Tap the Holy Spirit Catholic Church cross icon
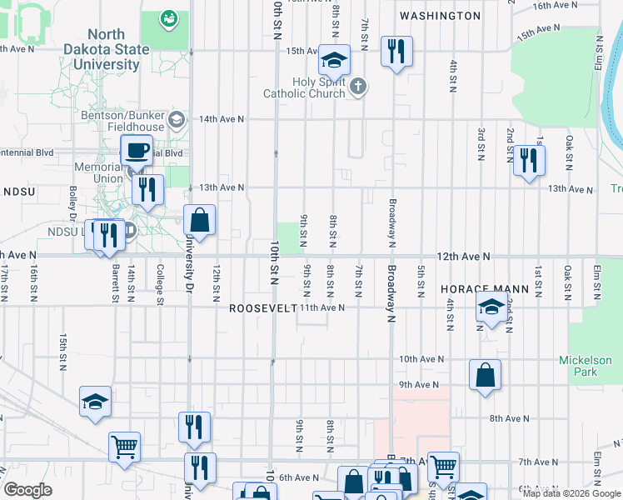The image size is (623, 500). coord(358,87)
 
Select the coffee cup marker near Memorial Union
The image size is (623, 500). coord(137,151)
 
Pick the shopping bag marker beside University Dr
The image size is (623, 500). coord(199,222)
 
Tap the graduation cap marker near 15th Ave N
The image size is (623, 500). coord(334,61)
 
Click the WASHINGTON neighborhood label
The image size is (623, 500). coord(440,16)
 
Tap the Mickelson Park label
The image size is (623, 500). coord(591,367)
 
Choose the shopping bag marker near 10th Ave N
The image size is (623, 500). coord(485,376)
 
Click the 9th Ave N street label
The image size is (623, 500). coord(418,384)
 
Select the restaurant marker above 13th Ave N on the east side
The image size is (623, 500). coord(528,160)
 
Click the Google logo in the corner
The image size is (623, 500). coord(27,489)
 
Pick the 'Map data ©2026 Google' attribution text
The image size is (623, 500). coord(571,493)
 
